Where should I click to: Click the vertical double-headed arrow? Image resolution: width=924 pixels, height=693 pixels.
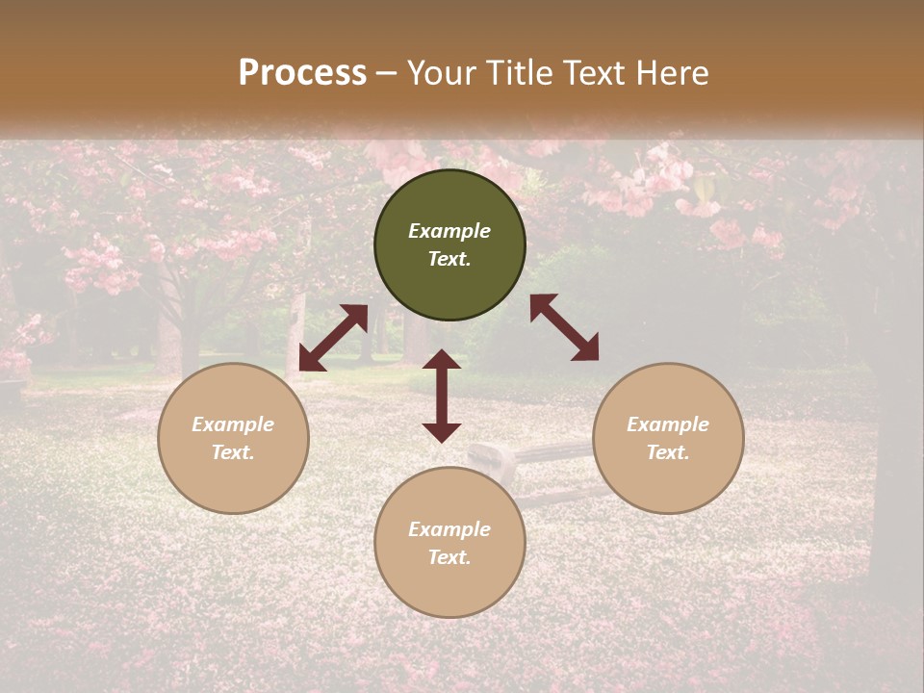(x=442, y=396)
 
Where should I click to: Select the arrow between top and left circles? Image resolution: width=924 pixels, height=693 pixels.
(x=333, y=338)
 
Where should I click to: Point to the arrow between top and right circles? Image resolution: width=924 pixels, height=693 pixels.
(x=564, y=327)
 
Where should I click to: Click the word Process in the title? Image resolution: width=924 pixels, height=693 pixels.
(x=302, y=72)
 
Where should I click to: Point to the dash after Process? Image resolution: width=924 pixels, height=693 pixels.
(x=387, y=73)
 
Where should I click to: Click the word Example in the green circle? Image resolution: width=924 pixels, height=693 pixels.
(x=449, y=231)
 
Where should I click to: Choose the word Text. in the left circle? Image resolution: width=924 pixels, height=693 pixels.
(x=233, y=452)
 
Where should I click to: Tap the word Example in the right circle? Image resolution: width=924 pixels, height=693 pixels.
(x=668, y=424)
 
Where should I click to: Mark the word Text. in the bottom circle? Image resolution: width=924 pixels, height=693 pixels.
(x=449, y=557)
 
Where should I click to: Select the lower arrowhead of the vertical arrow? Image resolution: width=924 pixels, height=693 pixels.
(x=442, y=432)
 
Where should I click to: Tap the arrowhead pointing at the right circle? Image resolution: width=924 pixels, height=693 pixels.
(x=586, y=349)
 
